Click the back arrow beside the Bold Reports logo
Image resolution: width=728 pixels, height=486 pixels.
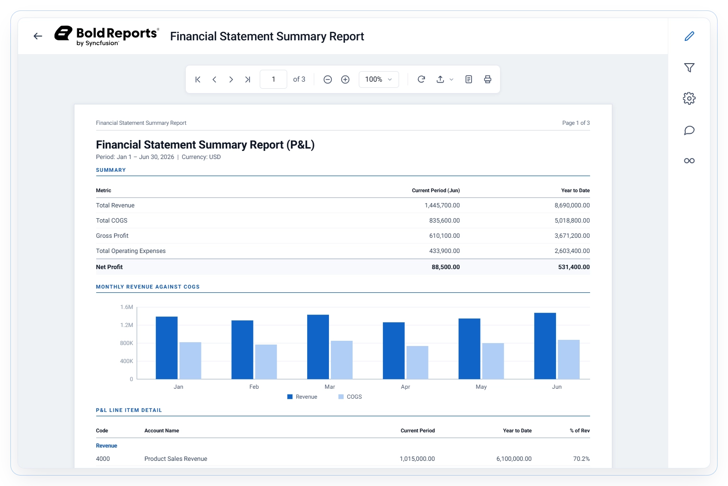38,36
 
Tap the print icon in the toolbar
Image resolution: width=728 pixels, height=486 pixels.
488,79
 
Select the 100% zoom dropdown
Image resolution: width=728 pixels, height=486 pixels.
379,79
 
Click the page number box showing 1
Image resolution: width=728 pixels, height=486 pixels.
273,79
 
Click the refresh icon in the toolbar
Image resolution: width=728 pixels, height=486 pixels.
421,79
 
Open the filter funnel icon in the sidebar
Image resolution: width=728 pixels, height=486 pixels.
689,67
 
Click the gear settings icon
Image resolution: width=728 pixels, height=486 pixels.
689,98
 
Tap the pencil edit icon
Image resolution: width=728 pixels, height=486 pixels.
689,36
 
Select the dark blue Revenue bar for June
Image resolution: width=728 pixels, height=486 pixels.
545,346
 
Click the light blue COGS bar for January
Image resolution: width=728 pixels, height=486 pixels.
190,361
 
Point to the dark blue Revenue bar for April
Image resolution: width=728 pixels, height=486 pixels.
393,351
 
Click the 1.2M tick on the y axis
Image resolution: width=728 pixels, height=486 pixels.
127,325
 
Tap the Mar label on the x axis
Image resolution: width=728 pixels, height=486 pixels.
329,387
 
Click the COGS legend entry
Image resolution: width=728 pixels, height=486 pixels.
350,397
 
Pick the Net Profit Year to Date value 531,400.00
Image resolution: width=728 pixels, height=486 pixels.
573,267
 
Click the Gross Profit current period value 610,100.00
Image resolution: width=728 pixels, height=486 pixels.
444,236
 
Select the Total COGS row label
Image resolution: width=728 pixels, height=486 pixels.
111,220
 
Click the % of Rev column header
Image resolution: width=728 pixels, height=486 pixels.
580,430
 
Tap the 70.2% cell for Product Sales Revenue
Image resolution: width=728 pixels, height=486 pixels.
581,458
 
